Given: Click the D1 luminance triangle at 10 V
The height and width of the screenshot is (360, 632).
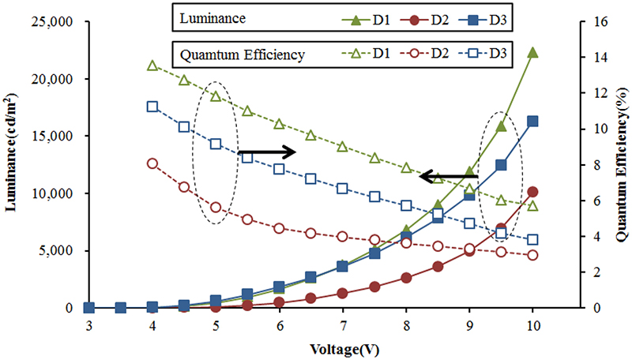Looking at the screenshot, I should pyautogui.click(x=532, y=52).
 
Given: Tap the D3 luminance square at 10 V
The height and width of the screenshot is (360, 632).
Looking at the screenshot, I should pyautogui.click(x=532, y=122).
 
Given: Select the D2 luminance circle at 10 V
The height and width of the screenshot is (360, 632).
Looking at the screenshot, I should pyautogui.click(x=532, y=192).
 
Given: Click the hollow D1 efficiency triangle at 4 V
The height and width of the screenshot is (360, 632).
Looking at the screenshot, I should pyautogui.click(x=152, y=66).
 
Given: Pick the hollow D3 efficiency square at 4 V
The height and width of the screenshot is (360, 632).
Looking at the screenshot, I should pyautogui.click(x=152, y=107).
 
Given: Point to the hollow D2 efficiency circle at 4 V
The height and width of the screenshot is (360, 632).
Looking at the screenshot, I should pyautogui.click(x=152, y=163).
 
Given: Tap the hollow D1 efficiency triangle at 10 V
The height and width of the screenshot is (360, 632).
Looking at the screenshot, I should pyautogui.click(x=532, y=206).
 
